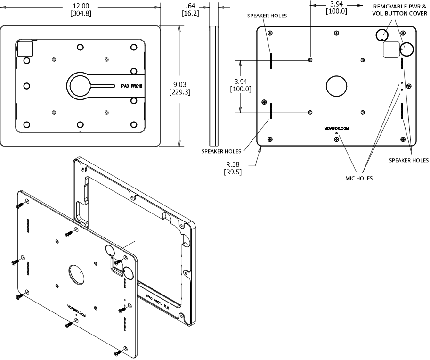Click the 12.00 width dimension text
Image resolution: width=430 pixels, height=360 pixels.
[x=80, y=5]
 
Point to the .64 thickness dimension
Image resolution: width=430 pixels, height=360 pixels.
[x=190, y=5]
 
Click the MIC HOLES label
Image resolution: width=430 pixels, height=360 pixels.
[x=358, y=178]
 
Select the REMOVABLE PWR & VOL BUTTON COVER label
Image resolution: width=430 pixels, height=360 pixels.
[x=400, y=10]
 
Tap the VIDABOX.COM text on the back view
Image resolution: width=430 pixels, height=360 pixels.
[x=337, y=128]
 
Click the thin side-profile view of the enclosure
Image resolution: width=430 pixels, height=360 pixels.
[x=213, y=86]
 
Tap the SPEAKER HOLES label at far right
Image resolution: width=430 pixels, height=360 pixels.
[x=409, y=160]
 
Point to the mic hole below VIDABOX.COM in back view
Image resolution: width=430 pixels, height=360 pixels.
[x=336, y=133]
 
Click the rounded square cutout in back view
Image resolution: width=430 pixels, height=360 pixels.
[x=390, y=49]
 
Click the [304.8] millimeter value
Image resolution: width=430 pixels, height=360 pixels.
[x=80, y=13]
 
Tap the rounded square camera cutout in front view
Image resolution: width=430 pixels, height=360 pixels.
[x=25, y=49]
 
